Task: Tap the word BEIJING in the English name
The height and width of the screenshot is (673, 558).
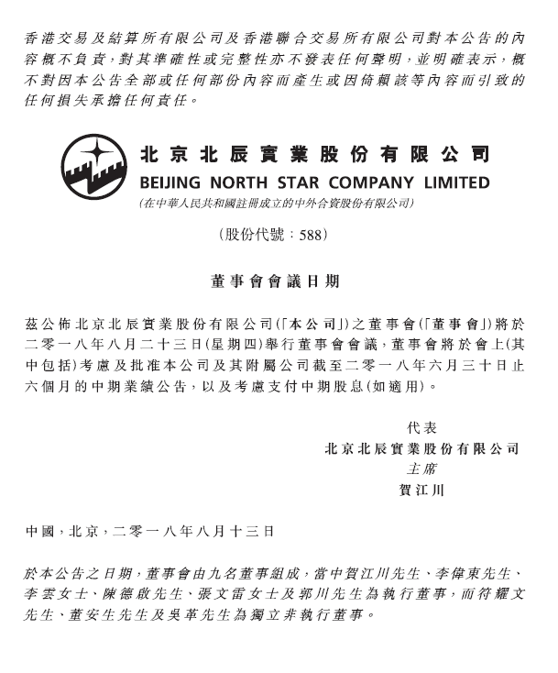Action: point(170,182)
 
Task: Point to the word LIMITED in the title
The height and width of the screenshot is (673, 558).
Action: point(454,182)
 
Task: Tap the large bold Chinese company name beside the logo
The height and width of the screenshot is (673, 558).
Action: point(314,153)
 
